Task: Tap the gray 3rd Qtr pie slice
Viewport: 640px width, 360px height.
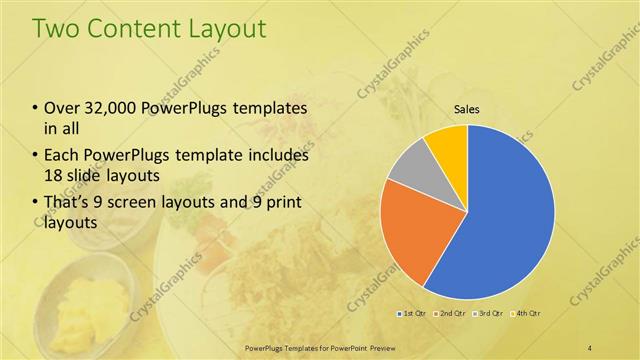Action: point(408,170)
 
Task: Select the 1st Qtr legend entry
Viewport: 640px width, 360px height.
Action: point(414,314)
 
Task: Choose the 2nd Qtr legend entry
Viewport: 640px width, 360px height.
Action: point(452,314)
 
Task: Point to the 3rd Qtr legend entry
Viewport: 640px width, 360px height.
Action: point(490,314)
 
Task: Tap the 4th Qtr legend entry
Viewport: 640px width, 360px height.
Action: point(528,314)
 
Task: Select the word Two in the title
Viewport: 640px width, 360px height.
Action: point(56,29)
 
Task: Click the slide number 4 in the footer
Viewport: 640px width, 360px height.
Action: point(590,347)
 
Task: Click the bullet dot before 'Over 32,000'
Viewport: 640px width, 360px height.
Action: point(36,109)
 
